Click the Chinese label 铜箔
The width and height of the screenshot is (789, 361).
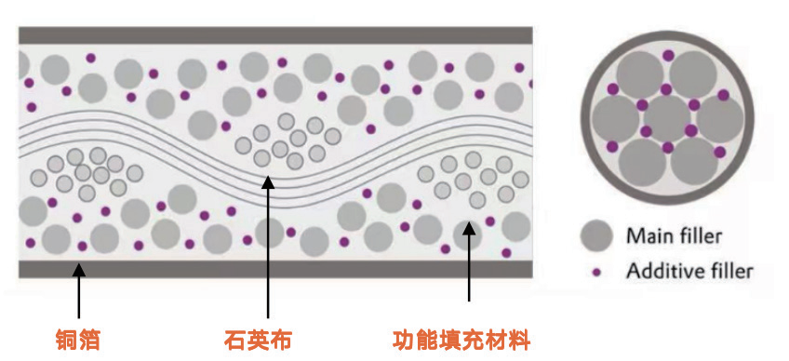pyautogui.click(x=78, y=341)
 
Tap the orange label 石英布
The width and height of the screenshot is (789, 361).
pyautogui.click(x=258, y=341)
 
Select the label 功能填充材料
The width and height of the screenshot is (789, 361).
pyautogui.click(x=461, y=341)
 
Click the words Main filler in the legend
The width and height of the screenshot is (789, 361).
pyautogui.click(x=674, y=235)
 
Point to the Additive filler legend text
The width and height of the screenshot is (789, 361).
pyautogui.click(x=689, y=272)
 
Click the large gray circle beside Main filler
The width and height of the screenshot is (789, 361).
pyautogui.click(x=596, y=236)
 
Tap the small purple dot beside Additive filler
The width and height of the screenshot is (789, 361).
pyautogui.click(x=597, y=273)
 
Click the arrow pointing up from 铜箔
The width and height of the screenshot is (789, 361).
pyautogui.click(x=78, y=291)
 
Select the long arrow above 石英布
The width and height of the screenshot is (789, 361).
pyautogui.click(x=268, y=247)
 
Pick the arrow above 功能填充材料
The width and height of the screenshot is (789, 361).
pyautogui.click(x=469, y=261)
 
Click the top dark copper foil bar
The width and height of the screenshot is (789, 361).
pyautogui.click(x=275, y=35)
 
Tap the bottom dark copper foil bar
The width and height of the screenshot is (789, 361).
pyautogui.click(x=275, y=270)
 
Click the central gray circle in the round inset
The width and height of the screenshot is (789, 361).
pyautogui.click(x=667, y=118)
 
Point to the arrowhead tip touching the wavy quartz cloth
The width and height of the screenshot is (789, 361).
pyautogui.click(x=268, y=175)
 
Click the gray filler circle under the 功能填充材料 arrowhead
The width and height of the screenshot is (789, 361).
pyautogui.click(x=466, y=234)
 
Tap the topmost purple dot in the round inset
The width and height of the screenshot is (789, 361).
pyautogui.click(x=668, y=56)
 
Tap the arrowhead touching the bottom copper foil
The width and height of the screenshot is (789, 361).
pyautogui.click(x=78, y=271)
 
